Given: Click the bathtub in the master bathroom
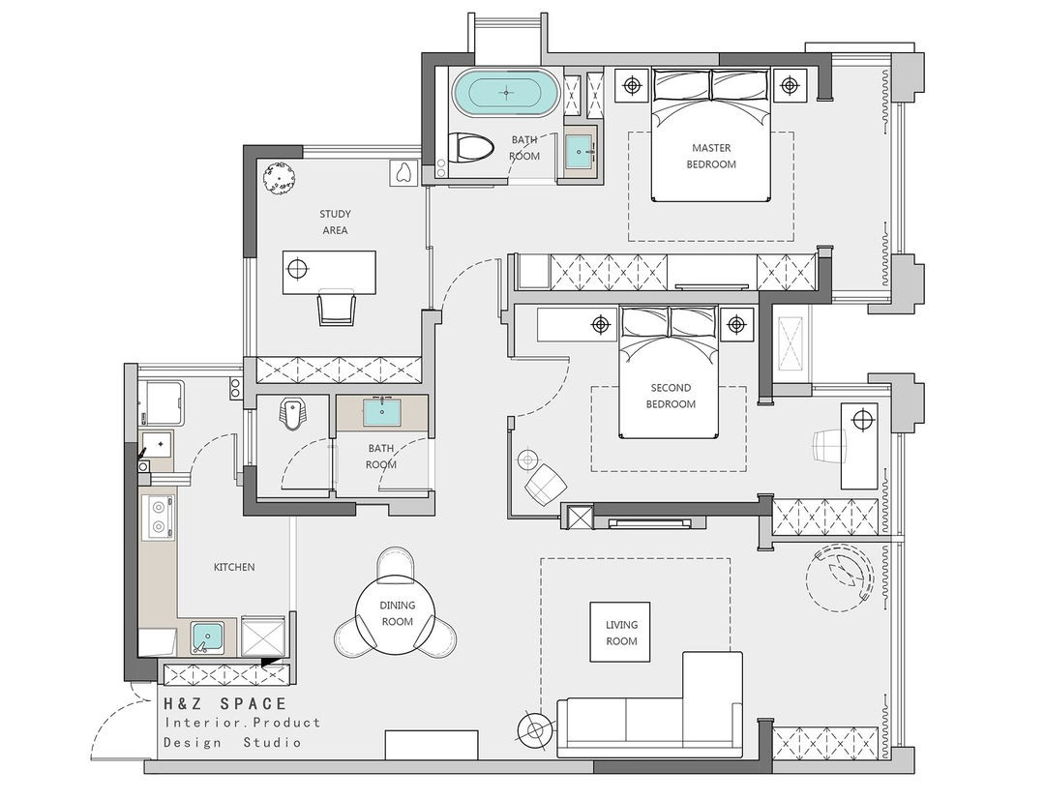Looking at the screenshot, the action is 506,92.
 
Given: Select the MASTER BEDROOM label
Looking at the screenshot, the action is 711,156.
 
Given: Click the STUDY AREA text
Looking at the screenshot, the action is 335,222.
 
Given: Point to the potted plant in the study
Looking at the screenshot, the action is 280,179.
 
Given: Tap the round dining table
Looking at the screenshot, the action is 397,613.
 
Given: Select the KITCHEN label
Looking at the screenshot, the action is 234,568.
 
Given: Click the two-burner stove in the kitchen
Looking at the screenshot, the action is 159,519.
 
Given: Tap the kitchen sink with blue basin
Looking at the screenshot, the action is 208,637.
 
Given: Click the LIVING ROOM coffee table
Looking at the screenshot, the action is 620,632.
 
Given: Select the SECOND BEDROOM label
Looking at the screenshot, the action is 671,396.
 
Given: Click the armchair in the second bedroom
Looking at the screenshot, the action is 546,483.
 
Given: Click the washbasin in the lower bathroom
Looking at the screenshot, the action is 381,412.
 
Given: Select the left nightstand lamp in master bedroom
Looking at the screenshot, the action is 632,85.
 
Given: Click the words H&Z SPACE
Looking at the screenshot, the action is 225,703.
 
